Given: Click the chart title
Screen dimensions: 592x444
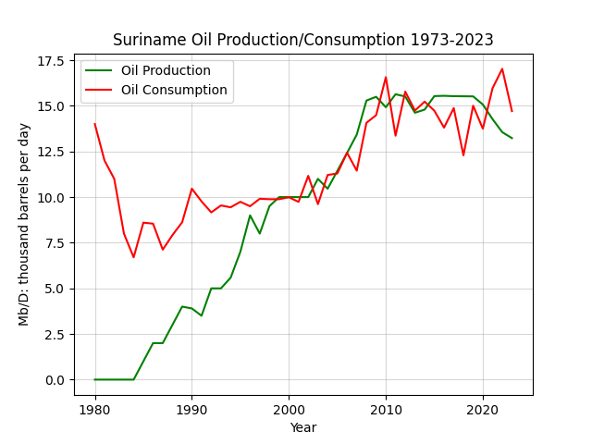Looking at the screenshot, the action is pyautogui.click(x=302, y=40).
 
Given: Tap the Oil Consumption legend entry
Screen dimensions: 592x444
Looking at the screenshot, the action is pyautogui.click(x=156, y=90).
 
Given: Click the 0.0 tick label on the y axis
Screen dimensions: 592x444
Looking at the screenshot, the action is pyautogui.click(x=55, y=380).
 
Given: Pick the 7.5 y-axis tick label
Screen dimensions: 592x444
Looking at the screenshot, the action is pyautogui.click(x=55, y=243).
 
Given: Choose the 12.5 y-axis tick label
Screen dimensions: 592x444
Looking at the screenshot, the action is pyautogui.click(x=50, y=152).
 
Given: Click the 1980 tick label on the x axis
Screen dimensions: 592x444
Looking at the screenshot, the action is pyautogui.click(x=95, y=410).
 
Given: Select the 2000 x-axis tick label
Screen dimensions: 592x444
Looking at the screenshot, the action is pyautogui.click(x=289, y=410).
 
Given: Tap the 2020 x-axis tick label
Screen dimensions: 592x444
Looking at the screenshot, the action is pyautogui.click(x=483, y=410).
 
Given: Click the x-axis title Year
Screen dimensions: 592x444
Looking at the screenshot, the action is pyautogui.click(x=303, y=427).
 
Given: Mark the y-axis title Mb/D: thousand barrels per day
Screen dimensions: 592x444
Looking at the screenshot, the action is pyautogui.click(x=24, y=224).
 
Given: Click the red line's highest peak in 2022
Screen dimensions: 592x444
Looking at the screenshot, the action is pyautogui.click(x=502, y=68).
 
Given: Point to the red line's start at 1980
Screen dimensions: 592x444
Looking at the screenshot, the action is pyautogui.click(x=94, y=124).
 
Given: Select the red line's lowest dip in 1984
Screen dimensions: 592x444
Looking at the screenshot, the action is pyautogui.click(x=133, y=257).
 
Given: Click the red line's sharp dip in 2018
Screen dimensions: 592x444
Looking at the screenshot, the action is pyautogui.click(x=463, y=155).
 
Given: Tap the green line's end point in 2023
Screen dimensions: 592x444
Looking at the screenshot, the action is pyautogui.click(x=512, y=138).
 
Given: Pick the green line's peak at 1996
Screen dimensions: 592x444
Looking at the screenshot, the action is pyautogui.click(x=250, y=216).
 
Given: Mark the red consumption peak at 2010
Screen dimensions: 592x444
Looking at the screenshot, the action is pyautogui.click(x=386, y=77).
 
